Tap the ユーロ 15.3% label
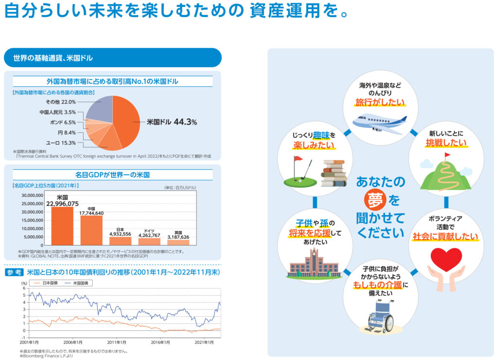coord(61,143)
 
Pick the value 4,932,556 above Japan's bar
coord(120,234)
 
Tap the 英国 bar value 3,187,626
coord(178,237)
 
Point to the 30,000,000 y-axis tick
coord(31,195)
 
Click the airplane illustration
coord(379,124)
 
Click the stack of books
coord(334,173)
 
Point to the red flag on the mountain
coord(447,155)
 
